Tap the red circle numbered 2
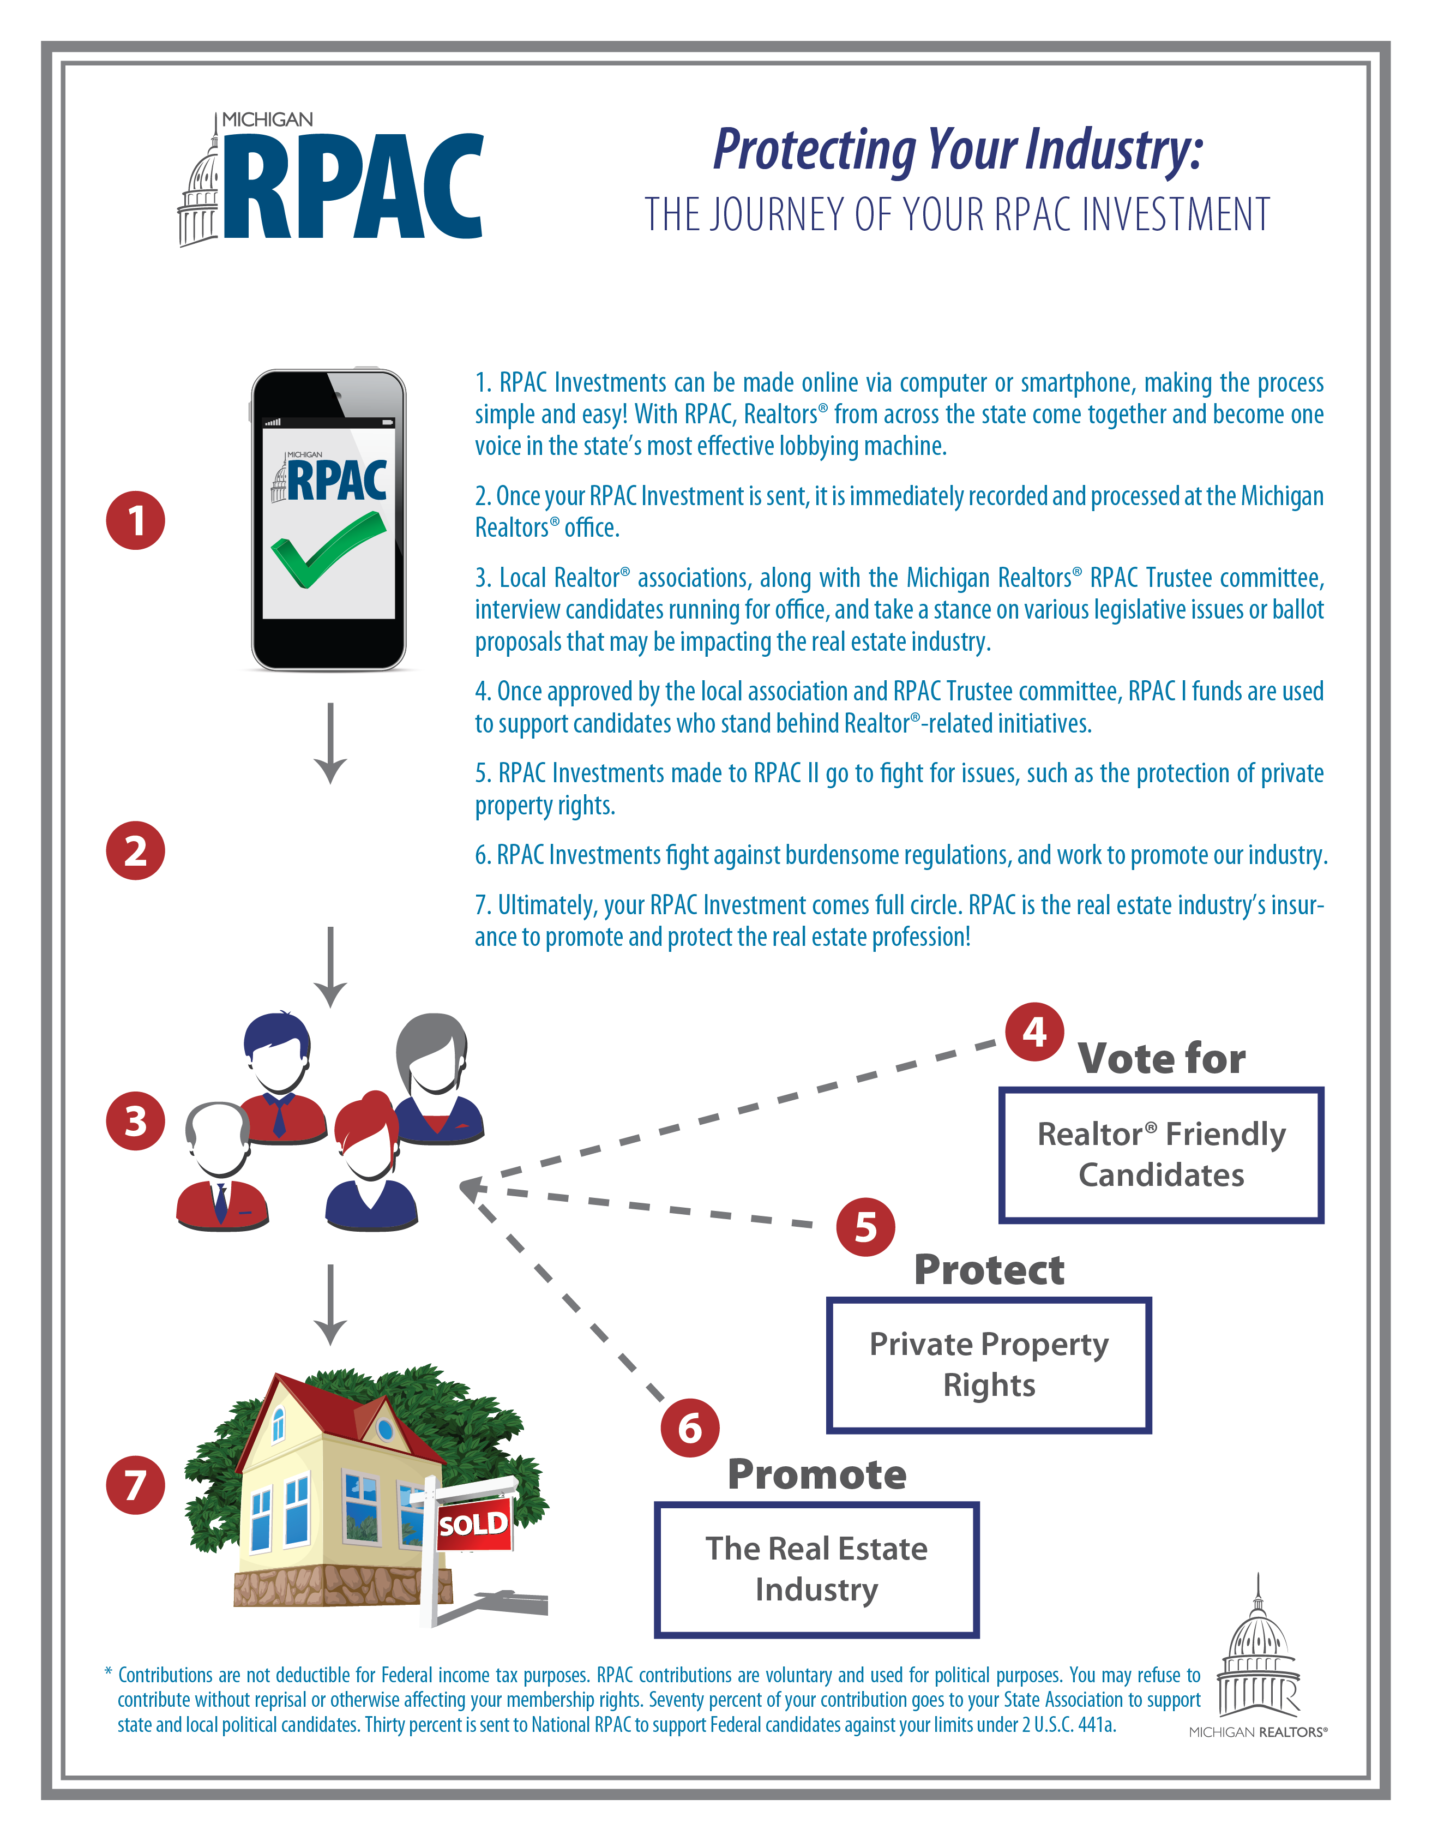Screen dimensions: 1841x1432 tap(136, 850)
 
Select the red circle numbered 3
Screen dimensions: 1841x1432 tap(136, 1121)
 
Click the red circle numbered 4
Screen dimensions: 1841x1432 tap(1034, 1031)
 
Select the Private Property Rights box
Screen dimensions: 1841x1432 tap(989, 1364)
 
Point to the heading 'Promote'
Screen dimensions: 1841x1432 tap(817, 1474)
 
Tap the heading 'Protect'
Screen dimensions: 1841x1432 tap(989, 1269)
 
